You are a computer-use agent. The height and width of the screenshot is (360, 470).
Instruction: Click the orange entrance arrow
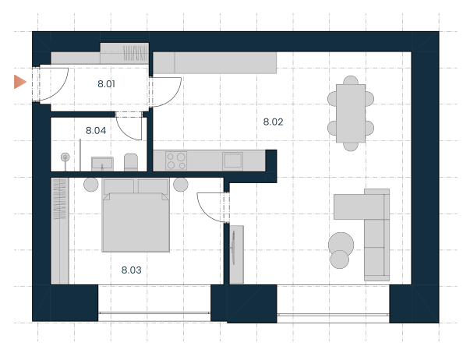[x=20, y=82]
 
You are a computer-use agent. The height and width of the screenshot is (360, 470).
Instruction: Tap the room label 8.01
[x=107, y=84]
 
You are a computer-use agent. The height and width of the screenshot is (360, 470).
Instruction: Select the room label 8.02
[x=273, y=122]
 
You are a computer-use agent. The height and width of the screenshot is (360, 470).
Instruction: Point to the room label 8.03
[x=131, y=270]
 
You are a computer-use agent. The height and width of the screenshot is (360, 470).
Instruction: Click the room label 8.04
[x=96, y=131]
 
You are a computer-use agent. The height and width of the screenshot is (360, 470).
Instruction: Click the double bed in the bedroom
[x=136, y=215]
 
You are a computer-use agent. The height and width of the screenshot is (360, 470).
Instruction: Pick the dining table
[x=351, y=113]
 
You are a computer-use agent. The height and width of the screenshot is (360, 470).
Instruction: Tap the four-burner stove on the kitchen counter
[x=176, y=161]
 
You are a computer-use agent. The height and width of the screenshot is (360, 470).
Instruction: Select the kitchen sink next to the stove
[x=233, y=161]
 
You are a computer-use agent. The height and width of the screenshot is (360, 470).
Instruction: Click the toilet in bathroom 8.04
[x=131, y=162]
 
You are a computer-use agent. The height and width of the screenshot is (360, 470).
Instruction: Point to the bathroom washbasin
[x=102, y=164]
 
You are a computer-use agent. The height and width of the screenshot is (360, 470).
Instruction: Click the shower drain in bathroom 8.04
[x=65, y=157]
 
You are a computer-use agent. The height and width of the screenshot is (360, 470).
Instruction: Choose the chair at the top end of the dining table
[x=351, y=80]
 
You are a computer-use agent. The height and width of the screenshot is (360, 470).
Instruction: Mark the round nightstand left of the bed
[x=91, y=185]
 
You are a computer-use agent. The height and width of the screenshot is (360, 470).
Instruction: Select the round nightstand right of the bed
[x=181, y=185]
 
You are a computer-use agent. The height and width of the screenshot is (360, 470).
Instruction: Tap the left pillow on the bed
[x=118, y=186]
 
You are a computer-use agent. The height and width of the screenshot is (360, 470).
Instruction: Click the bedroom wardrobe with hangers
[x=60, y=231]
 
